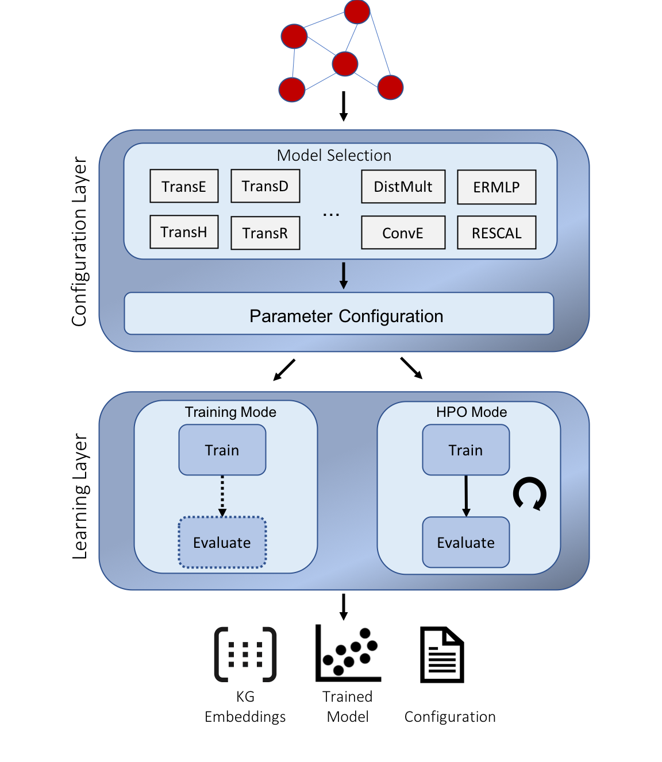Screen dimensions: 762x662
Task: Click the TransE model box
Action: click(x=184, y=186)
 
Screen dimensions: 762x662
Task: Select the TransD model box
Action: click(x=265, y=186)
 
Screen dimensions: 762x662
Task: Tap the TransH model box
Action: click(x=184, y=232)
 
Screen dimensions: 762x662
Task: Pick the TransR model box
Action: click(x=265, y=233)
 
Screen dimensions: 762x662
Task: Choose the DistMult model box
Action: click(x=403, y=187)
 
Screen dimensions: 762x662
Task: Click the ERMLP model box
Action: click(x=496, y=187)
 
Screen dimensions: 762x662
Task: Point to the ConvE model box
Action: click(x=403, y=233)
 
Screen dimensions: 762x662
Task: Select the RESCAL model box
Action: click(x=496, y=233)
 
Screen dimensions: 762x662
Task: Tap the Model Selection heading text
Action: click(x=334, y=156)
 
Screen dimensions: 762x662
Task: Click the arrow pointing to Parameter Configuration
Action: click(x=344, y=276)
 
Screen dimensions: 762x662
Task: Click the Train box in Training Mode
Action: click(x=222, y=450)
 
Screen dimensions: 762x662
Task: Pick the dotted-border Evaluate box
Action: click(x=222, y=543)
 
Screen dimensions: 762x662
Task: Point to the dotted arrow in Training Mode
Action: click(x=222, y=496)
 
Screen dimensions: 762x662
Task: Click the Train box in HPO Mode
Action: click(x=465, y=450)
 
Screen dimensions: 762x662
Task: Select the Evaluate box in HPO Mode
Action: click(x=465, y=543)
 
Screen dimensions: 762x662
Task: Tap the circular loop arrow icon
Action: click(x=529, y=494)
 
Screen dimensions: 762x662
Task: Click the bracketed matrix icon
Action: click(x=245, y=655)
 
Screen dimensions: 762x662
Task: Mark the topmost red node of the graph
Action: click(x=357, y=11)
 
